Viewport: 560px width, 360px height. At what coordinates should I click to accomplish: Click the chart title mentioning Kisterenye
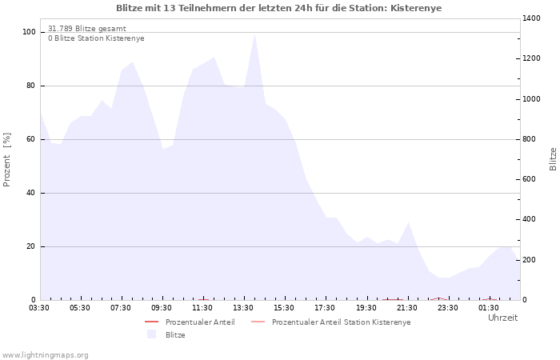(x=279, y=8)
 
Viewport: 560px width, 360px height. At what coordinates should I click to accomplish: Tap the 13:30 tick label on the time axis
(x=243, y=308)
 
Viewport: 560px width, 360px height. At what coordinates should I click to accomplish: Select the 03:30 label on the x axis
(x=39, y=308)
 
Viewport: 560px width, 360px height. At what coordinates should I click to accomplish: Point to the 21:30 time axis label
(x=406, y=308)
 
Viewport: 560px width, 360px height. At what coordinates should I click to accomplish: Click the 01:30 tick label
(x=489, y=308)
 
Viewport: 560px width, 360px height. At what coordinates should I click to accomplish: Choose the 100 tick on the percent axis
(x=30, y=32)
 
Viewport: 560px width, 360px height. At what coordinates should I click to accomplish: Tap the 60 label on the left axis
(x=31, y=139)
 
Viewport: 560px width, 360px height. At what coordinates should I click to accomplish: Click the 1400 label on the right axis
(x=531, y=18)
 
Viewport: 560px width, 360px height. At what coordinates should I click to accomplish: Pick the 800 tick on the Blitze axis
(x=530, y=139)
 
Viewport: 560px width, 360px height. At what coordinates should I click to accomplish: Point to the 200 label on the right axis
(x=530, y=260)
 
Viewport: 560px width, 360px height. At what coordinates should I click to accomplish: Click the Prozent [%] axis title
(x=6, y=160)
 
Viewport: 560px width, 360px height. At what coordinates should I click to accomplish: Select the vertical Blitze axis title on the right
(x=553, y=159)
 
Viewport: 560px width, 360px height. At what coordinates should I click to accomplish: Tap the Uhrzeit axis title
(x=503, y=318)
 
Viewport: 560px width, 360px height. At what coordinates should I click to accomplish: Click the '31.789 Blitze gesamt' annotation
(x=87, y=29)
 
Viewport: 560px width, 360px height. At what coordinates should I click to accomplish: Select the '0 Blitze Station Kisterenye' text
(x=97, y=38)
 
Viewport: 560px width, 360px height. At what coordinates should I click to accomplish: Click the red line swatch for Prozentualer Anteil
(x=151, y=322)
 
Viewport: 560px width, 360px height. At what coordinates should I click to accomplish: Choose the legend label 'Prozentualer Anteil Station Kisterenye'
(x=342, y=322)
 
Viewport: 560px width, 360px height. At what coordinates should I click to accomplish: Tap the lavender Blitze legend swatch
(x=151, y=334)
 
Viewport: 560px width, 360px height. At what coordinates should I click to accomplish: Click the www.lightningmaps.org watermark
(x=45, y=355)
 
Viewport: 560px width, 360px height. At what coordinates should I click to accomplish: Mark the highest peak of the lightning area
(x=254, y=34)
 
